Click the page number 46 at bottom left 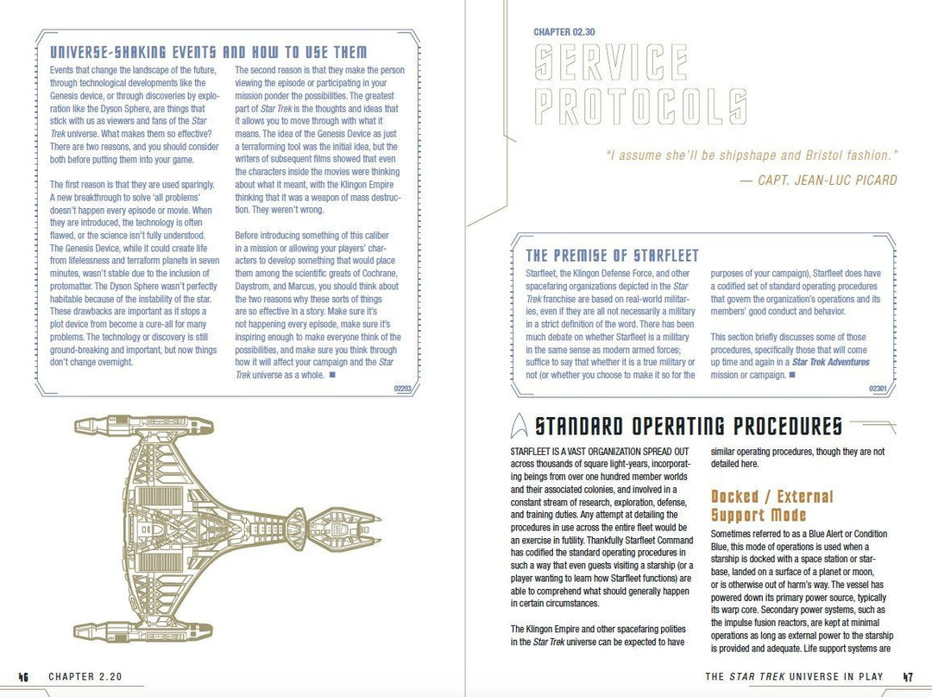point(23,677)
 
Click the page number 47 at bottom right point(907,677)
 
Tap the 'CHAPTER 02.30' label point(564,33)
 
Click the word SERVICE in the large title point(611,63)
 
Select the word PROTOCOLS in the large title point(640,107)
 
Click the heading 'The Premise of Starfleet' point(612,256)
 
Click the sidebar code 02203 point(402,389)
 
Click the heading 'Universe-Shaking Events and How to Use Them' point(208,53)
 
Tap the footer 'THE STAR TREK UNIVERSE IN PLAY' point(794,677)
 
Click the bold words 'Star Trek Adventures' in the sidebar point(830,363)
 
